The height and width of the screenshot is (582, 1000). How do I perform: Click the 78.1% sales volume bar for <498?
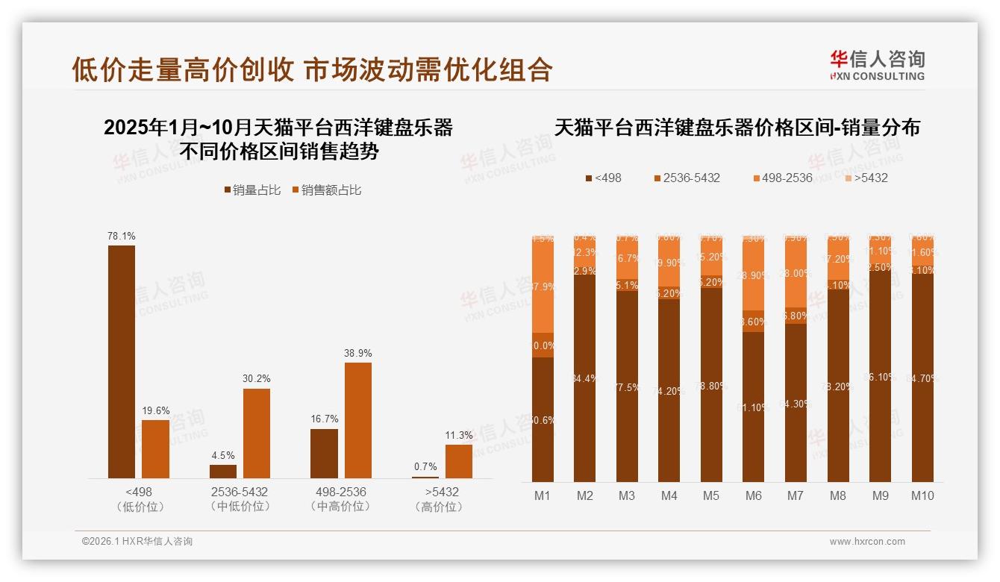point(122,362)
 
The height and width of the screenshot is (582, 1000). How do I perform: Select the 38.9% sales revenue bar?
point(357,420)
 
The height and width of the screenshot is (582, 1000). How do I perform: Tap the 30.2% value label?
point(256,378)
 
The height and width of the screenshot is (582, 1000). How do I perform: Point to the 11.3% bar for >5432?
point(459,461)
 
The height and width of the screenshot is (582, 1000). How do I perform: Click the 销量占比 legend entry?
point(252,190)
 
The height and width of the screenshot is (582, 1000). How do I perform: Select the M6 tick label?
point(753,495)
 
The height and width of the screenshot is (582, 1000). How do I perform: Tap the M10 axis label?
point(922,495)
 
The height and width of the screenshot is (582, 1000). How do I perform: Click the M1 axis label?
point(543,495)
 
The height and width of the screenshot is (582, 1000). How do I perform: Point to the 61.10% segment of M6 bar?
point(753,407)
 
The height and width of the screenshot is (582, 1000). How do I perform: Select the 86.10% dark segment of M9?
point(880,377)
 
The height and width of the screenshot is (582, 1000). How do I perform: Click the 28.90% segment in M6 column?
point(753,276)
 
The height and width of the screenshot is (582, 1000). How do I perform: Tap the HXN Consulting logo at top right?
point(877,66)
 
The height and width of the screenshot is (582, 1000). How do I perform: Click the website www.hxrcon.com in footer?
point(867,542)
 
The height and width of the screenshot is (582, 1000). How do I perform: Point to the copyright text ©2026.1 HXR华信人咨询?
point(137,542)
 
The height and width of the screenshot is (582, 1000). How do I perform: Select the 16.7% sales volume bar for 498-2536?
point(324,454)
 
